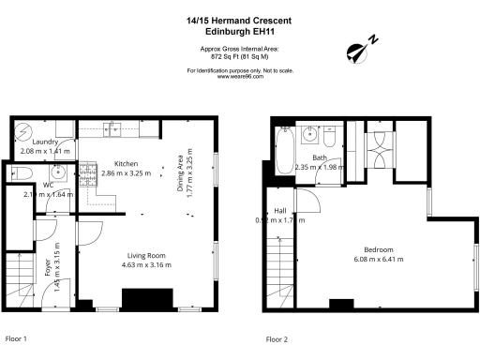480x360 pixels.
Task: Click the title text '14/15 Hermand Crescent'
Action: click(x=239, y=21)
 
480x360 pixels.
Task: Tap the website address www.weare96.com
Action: click(x=239, y=77)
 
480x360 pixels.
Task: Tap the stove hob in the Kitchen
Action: click(x=87, y=172)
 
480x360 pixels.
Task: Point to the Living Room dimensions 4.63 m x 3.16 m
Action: click(x=146, y=265)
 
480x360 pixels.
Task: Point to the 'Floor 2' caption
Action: click(x=277, y=338)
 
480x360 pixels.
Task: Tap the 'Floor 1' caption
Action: click(x=17, y=338)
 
